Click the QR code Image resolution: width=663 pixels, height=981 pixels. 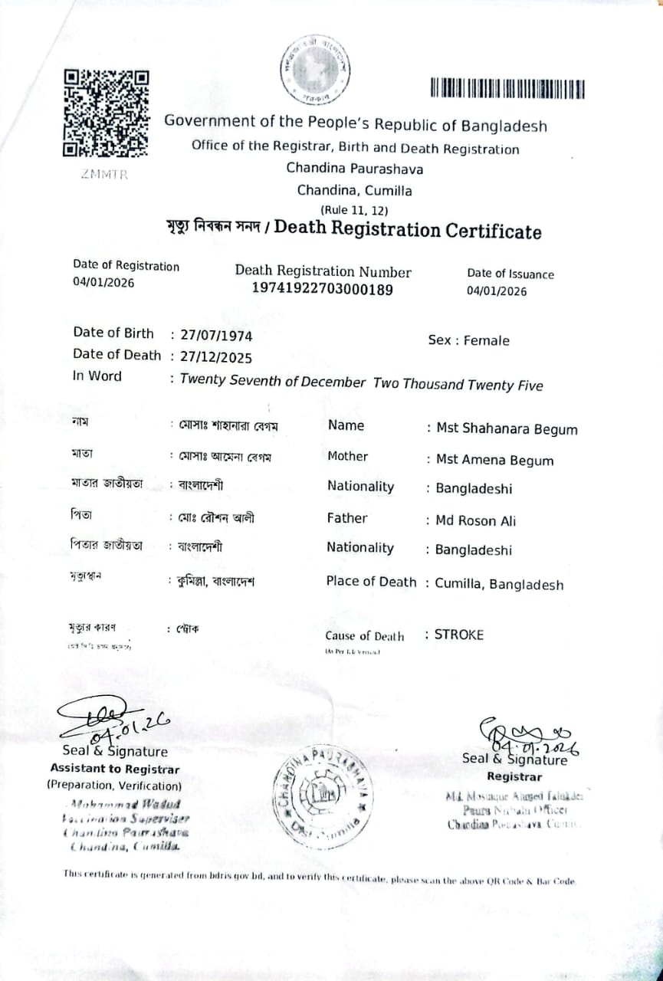click(106, 113)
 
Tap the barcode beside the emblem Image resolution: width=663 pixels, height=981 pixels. click(507, 89)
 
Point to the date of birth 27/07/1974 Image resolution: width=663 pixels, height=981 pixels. click(215, 336)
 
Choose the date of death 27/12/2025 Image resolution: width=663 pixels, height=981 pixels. click(215, 357)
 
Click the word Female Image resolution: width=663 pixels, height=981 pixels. click(487, 341)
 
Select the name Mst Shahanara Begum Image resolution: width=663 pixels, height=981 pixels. click(507, 429)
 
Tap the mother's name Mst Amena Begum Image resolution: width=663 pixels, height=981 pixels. click(494, 460)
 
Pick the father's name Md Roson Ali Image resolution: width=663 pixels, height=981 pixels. click(475, 521)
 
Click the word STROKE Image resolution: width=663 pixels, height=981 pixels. click(459, 635)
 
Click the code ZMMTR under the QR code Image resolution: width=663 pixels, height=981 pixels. click(104, 174)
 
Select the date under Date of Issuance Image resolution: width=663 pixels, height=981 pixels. click(497, 291)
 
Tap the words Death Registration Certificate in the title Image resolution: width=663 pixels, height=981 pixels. click(408, 230)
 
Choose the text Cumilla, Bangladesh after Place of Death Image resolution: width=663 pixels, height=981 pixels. click(499, 585)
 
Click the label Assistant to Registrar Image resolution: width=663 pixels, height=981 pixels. click(115, 769)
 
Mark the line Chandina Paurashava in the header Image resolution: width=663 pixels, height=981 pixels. click(355, 169)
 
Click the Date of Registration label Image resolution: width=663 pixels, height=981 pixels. click(126, 266)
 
